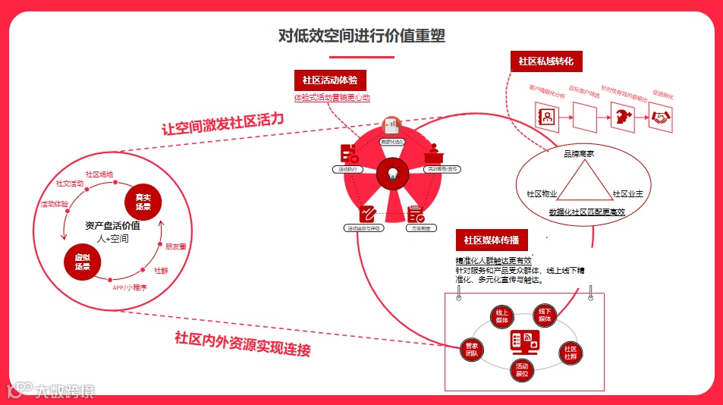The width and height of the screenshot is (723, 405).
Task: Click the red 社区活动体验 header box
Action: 330,80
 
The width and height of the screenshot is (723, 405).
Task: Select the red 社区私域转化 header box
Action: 545,61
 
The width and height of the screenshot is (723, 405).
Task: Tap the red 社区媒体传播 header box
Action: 491,240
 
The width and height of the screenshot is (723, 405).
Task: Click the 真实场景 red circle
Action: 143,201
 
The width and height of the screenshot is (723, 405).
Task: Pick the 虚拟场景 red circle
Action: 83,262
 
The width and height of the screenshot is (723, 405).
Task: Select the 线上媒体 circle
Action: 501,316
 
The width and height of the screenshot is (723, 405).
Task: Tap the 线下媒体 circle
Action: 545,316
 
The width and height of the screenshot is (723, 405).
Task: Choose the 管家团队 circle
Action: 471,350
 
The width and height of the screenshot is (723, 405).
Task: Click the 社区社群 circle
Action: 571,353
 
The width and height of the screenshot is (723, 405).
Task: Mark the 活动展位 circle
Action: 521,370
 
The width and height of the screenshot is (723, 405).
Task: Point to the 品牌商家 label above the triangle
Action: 578,154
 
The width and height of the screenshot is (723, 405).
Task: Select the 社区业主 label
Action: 627,194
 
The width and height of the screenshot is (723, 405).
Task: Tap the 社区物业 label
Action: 542,194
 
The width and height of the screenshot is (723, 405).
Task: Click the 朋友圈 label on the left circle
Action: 176,246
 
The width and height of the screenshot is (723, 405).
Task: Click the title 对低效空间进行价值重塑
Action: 361,35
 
